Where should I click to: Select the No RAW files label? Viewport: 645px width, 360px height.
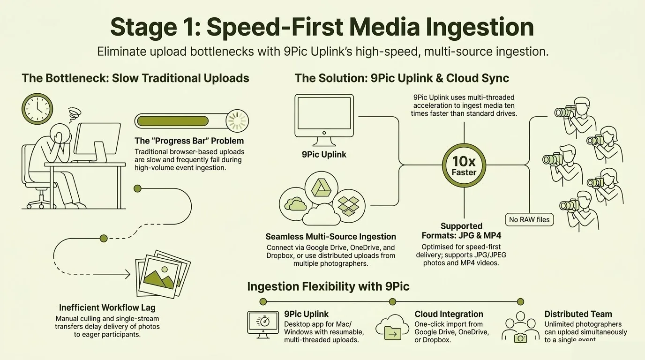point(529,219)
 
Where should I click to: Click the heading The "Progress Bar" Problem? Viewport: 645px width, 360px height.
point(189,141)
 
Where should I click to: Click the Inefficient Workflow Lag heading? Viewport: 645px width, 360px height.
point(107,307)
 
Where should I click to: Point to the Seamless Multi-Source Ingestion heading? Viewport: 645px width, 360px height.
point(330,237)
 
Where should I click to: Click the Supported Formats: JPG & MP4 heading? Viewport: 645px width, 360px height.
point(461,231)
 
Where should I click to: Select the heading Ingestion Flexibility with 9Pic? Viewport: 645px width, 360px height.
point(328,286)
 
